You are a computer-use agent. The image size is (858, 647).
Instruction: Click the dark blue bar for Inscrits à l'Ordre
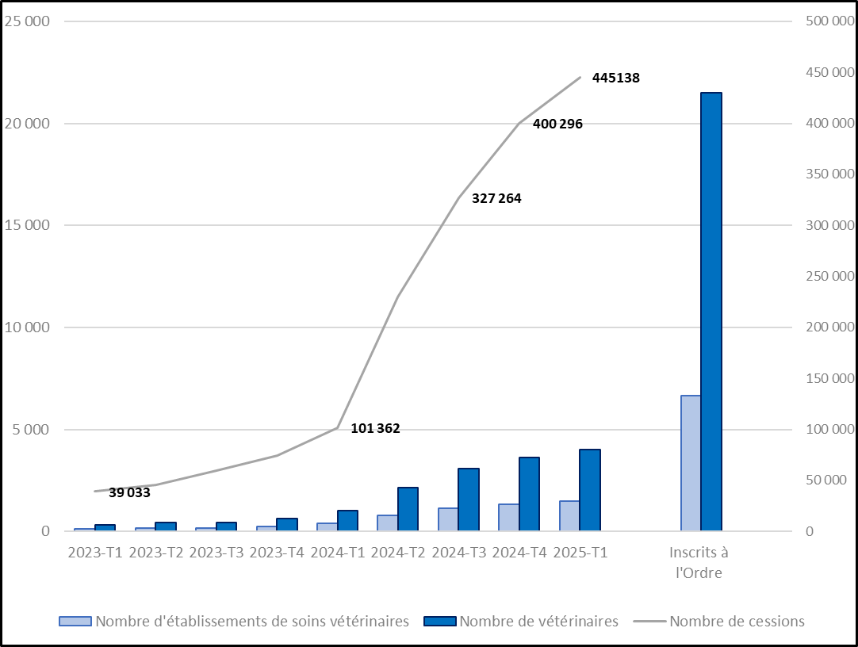point(711,311)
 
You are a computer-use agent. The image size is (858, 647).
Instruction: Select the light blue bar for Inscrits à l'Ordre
point(691,462)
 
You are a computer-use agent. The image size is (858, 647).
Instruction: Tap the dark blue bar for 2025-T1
point(590,490)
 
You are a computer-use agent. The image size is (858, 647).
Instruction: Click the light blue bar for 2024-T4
point(508,517)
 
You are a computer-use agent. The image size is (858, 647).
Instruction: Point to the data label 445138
point(616,78)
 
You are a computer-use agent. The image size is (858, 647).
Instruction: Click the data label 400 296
point(558,124)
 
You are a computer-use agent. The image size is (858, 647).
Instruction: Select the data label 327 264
point(496,199)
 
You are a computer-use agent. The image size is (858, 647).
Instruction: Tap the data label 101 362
point(375,429)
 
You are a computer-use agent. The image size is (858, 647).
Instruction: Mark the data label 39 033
point(129,492)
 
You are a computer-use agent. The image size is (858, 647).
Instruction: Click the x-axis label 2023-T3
point(216,553)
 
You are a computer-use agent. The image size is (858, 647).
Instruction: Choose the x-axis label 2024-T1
point(338,553)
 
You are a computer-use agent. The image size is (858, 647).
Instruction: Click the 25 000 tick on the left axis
point(28,21)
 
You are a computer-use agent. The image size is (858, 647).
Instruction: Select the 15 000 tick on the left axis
point(28,225)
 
